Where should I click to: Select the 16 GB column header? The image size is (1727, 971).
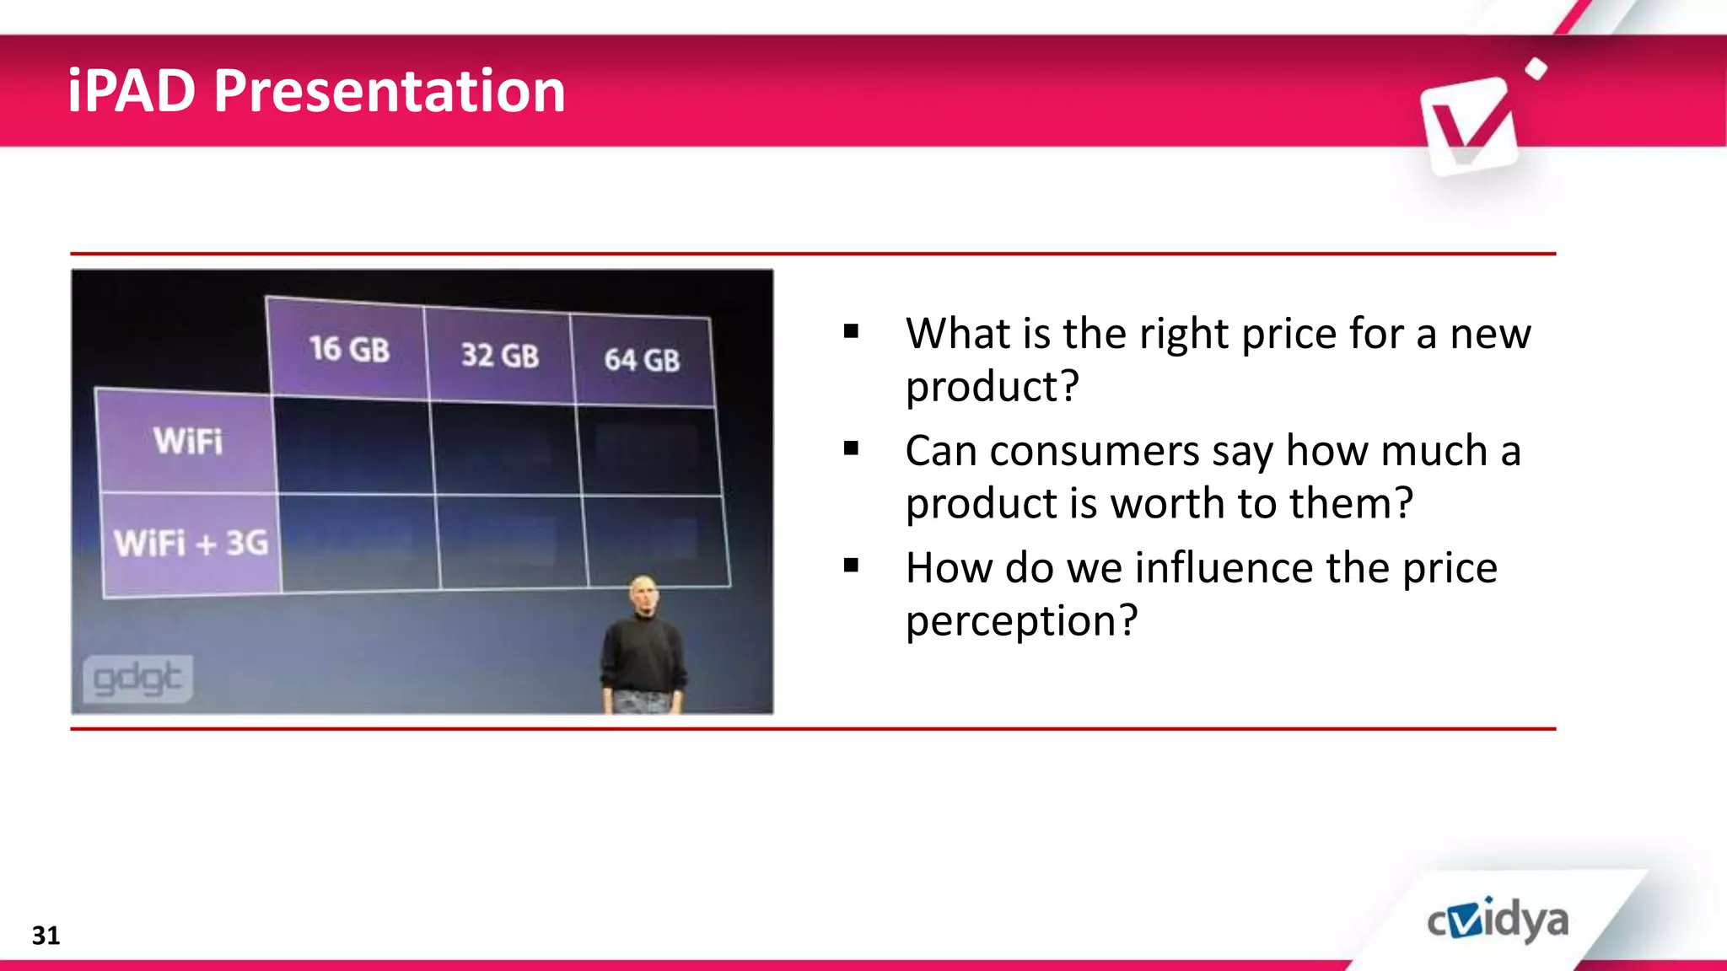coord(348,349)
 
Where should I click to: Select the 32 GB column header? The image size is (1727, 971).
coord(499,355)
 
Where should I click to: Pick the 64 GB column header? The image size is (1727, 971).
coord(642,360)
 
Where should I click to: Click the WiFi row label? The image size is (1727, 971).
coord(187,441)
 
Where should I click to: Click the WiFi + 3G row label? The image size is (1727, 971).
coord(191,543)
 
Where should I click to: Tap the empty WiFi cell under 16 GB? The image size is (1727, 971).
coord(353,445)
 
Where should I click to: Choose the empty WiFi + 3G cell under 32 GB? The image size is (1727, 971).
coord(511,541)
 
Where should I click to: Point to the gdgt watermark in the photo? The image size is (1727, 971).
coord(137,679)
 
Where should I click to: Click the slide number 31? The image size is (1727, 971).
coord(46,935)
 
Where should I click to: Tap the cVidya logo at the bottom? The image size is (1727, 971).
coord(1498,920)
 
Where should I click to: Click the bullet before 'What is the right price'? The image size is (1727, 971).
coord(851,332)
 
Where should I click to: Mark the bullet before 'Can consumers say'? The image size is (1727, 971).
coord(851,448)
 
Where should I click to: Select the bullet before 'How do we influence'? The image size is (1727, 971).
coord(851,566)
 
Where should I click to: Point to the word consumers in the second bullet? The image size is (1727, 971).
coord(1094,451)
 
